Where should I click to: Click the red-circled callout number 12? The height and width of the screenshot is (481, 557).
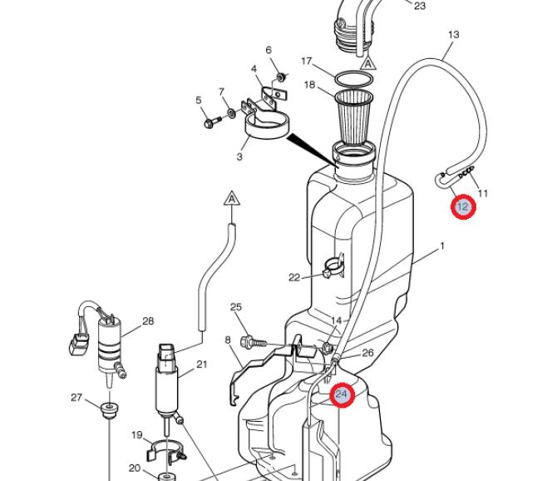[x=463, y=206]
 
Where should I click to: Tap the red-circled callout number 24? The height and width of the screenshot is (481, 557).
[x=342, y=394]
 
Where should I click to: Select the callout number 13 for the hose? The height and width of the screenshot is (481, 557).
[x=454, y=34]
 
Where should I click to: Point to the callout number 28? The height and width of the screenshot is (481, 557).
[x=148, y=321]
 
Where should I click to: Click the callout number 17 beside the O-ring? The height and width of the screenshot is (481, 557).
[x=306, y=61]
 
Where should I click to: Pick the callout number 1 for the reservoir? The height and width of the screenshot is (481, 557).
[x=442, y=246]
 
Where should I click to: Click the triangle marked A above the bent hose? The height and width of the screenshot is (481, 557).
[x=232, y=198]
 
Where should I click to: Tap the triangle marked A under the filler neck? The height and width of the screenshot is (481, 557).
[x=368, y=63]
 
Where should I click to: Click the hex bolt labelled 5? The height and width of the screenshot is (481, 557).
[x=213, y=121]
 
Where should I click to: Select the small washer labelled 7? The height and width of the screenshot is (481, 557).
[x=231, y=113]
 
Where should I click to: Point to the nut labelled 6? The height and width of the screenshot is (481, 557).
[x=281, y=77]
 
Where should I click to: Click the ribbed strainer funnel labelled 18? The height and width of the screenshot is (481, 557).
[x=354, y=116]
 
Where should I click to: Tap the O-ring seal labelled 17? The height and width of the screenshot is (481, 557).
[x=354, y=72]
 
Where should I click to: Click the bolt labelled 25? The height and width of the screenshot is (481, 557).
[x=254, y=342]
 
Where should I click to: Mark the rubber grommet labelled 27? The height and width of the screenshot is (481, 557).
[x=109, y=410]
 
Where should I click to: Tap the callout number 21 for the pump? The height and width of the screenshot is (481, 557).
[x=202, y=364]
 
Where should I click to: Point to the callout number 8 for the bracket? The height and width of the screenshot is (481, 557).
[x=228, y=340]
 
